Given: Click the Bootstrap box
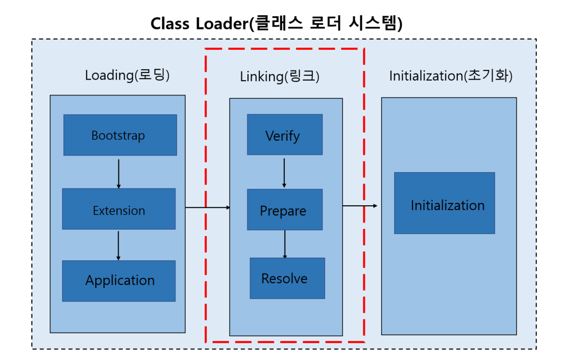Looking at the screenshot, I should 120,135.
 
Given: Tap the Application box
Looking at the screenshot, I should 119,280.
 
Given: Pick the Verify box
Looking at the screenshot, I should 285,134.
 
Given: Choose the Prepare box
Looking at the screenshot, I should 285,210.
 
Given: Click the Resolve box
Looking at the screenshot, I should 287,278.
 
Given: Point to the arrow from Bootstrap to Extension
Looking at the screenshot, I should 119,172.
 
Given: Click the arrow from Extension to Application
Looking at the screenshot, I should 119,245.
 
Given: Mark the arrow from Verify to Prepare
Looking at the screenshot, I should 285,172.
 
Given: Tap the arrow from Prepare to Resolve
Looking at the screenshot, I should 285,244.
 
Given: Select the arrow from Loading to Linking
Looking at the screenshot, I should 207,207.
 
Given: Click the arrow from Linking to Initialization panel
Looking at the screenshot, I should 360,206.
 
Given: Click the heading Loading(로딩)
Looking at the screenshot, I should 127,75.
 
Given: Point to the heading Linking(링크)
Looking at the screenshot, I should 280,77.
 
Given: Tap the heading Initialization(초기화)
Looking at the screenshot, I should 451,76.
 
